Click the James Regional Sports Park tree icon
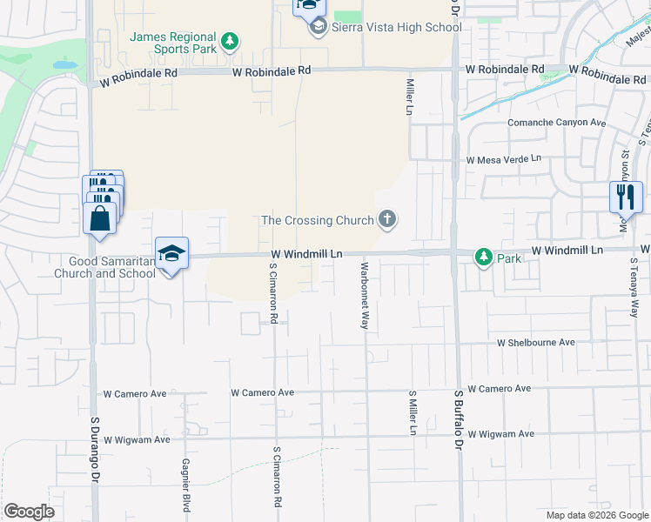[230, 41]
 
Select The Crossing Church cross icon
[386, 221]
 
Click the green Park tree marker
[483, 258]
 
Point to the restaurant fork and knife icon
[625, 197]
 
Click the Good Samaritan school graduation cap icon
[171, 253]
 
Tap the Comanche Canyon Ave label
[557, 123]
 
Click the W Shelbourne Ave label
[536, 343]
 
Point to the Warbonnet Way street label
[365, 295]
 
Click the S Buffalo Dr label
[456, 420]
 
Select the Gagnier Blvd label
[186, 485]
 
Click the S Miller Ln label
[413, 412]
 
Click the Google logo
[29, 512]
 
